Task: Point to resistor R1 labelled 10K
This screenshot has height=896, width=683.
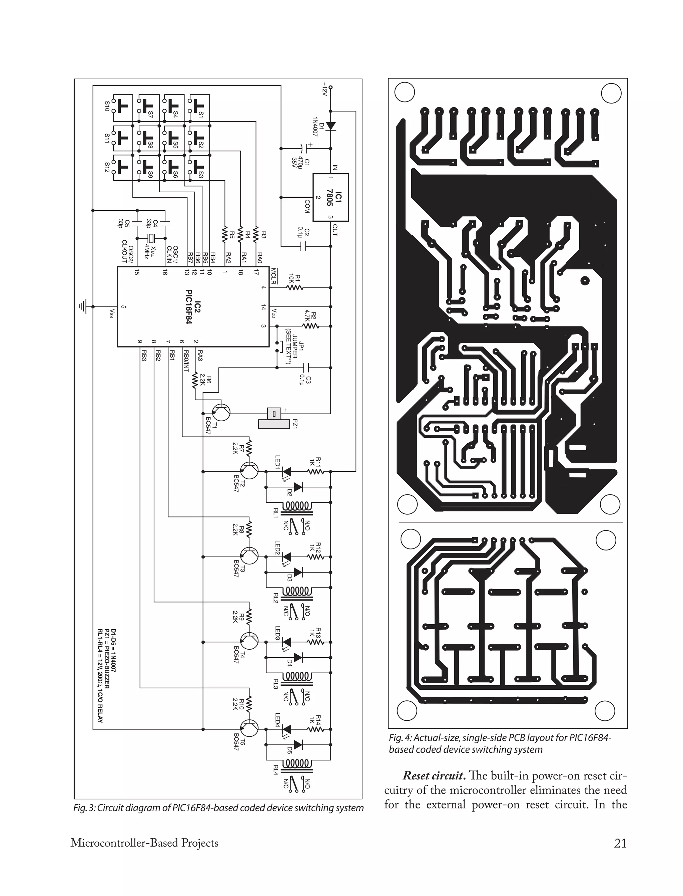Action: pyautogui.click(x=295, y=287)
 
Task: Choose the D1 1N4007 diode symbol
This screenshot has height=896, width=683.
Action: pyautogui.click(x=330, y=126)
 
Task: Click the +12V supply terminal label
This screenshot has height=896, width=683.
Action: pyautogui.click(x=324, y=89)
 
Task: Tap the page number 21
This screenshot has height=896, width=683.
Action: pyautogui.click(x=620, y=843)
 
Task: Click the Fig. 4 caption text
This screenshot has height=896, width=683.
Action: pyautogui.click(x=500, y=743)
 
